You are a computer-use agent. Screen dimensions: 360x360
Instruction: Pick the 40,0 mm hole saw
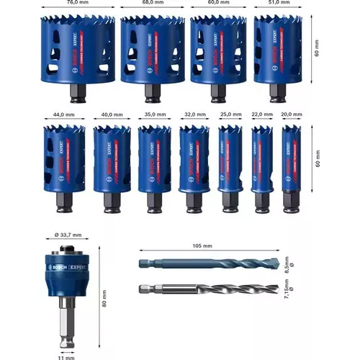pos(111,162)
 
